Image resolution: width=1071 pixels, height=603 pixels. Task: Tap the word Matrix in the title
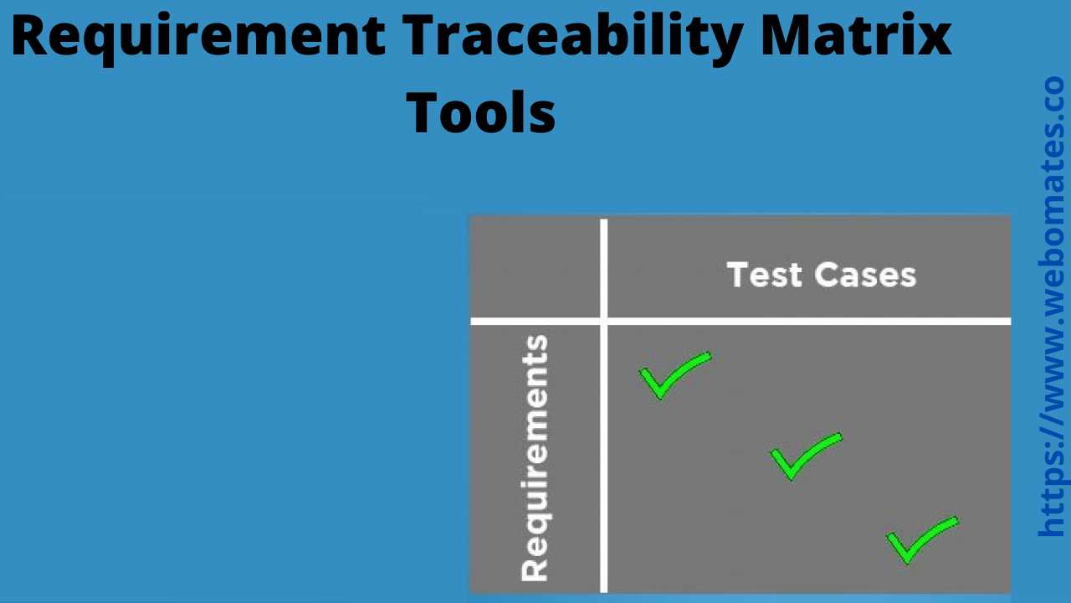(x=856, y=35)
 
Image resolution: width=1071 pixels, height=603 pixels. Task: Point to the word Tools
(x=481, y=113)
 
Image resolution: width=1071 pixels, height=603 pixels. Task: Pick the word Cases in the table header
(x=865, y=275)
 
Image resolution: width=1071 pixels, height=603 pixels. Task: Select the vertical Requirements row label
(x=535, y=458)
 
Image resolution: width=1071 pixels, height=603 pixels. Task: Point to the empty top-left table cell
(x=535, y=267)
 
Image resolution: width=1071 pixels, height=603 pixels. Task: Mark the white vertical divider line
(x=604, y=406)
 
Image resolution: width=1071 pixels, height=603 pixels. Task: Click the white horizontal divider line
(x=740, y=321)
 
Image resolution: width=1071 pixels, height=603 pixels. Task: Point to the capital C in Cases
(x=825, y=275)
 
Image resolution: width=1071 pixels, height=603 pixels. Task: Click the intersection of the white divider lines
(x=604, y=321)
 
